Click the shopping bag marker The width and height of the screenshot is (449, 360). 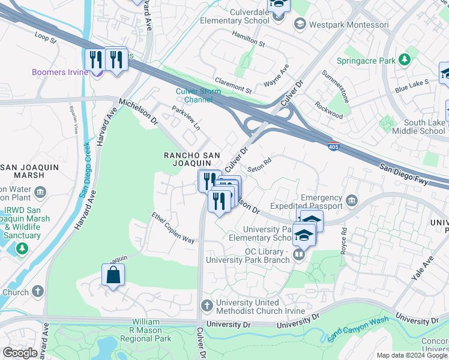point(113,276)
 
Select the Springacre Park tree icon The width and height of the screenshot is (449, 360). point(405,60)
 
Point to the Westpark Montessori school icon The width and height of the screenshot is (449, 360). point(299,25)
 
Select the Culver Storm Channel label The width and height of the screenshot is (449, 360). point(198,95)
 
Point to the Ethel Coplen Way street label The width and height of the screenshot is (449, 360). point(173,228)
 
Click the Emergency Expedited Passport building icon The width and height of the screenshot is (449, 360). point(352,200)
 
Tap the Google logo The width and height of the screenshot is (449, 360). point(20,353)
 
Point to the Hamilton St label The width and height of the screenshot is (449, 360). point(249,40)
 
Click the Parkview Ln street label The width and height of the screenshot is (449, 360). point(185,119)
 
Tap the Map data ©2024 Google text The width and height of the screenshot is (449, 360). point(411,355)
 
